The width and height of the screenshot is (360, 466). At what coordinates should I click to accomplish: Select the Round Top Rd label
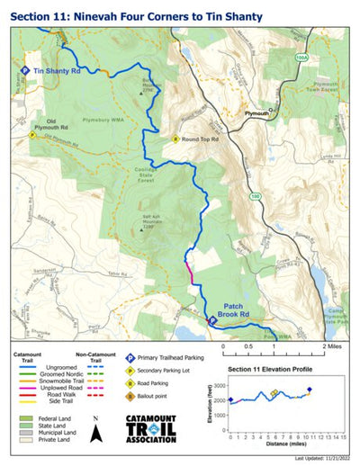pos(201,139)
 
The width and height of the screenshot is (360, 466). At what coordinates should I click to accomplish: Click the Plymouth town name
pos(258,114)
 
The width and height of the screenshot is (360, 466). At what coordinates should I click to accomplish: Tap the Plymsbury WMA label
pos(112,115)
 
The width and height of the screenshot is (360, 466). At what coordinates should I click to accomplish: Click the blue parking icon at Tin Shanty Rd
pos(25,69)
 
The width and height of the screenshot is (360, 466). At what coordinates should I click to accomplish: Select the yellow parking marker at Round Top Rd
pos(176,139)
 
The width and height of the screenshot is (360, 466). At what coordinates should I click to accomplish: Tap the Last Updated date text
pos(323,459)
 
